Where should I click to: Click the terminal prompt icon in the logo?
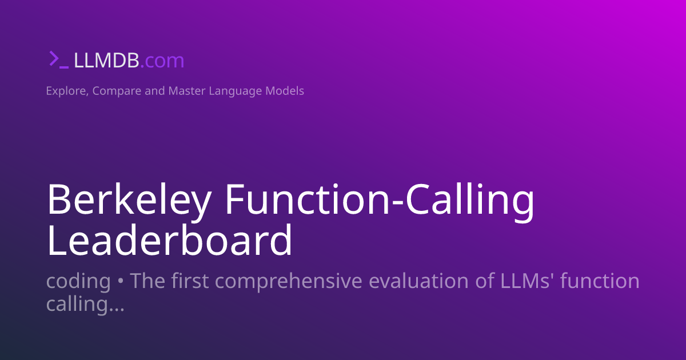pyautogui.click(x=58, y=59)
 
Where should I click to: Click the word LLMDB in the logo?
pyautogui.click(x=106, y=60)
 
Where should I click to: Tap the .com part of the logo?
pyautogui.click(x=162, y=60)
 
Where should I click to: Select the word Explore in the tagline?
pyautogui.click(x=65, y=91)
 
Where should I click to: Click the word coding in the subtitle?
pyautogui.click(x=78, y=281)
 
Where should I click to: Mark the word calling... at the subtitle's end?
pyautogui.click(x=85, y=304)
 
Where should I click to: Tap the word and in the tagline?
pyautogui.click(x=155, y=91)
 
